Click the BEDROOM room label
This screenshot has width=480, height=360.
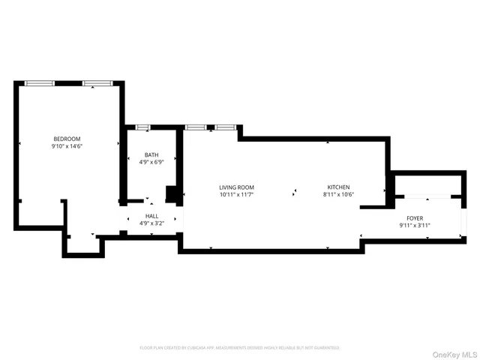tap(67, 139)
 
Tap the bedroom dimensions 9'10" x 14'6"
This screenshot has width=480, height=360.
tap(67, 146)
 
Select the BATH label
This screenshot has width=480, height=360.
tap(151, 154)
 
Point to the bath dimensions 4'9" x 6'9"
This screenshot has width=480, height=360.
tap(151, 162)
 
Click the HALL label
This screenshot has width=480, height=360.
tap(151, 216)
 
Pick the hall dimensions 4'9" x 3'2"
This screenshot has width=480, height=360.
tap(151, 223)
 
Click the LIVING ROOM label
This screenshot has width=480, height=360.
tap(236, 187)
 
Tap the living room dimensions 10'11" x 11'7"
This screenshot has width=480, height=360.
tap(236, 194)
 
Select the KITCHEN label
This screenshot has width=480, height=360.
tap(337, 187)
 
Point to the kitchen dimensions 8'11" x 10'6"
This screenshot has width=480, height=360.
tap(337, 194)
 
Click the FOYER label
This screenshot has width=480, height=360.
tap(415, 218)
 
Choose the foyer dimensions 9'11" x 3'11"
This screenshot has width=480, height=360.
tap(415, 226)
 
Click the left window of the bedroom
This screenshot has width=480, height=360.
tap(40, 82)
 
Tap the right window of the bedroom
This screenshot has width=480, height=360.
tap(97, 82)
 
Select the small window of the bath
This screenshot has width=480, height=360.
tap(142, 127)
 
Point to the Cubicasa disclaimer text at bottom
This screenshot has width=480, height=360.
tap(240, 348)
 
